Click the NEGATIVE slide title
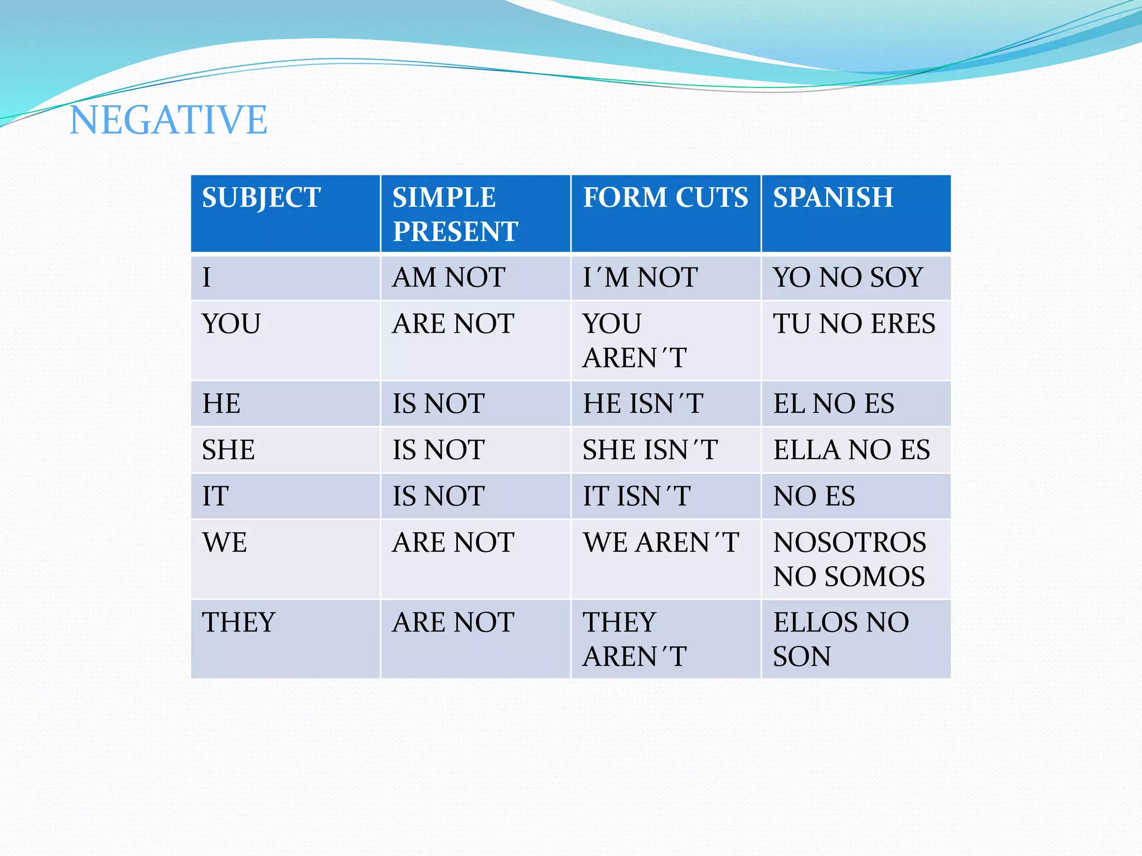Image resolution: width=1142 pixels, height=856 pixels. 168,120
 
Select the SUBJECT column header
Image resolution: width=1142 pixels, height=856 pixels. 261,198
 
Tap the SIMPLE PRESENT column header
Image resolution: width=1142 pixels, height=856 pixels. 454,214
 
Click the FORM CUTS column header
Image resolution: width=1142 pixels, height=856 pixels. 665,198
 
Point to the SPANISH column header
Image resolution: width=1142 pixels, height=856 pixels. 833,198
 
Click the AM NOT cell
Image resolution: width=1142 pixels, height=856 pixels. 449,278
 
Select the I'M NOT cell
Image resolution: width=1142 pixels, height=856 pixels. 640,278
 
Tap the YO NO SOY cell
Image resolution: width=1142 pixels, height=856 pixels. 848,278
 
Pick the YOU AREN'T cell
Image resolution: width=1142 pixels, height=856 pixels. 635,341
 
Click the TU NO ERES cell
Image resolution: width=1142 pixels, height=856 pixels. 854,324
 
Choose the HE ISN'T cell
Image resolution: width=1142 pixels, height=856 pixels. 643,404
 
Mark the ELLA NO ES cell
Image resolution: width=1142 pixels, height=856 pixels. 851,450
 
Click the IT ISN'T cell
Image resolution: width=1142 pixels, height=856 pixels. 637,497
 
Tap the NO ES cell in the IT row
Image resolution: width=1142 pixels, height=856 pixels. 814,497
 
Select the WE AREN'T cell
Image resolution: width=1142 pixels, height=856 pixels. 661,543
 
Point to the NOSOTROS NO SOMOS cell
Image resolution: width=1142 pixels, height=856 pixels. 849,560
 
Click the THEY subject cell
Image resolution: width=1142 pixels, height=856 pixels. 239,622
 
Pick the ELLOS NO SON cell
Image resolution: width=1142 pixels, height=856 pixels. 841,639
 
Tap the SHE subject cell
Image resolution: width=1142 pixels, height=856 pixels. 228,450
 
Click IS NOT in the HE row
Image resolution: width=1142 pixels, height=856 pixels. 438,404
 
